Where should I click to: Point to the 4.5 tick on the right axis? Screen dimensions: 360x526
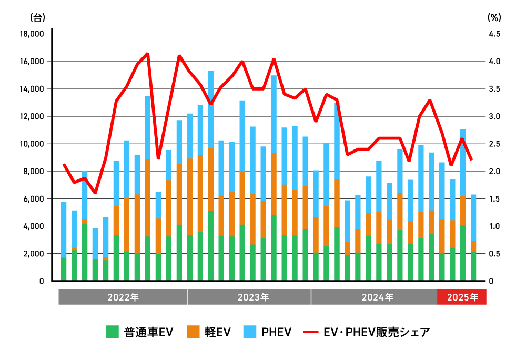[x=495, y=34]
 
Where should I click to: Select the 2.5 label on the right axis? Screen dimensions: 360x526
[x=495, y=144]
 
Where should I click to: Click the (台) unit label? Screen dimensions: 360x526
[x=38, y=17]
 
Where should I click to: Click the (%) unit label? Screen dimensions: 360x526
[x=494, y=17]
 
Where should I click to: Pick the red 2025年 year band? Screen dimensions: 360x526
[x=462, y=297]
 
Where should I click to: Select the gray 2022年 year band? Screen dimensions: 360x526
[x=123, y=297]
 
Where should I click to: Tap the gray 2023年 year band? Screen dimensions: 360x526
[x=249, y=297]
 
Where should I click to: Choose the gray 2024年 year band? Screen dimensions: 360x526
[x=374, y=297]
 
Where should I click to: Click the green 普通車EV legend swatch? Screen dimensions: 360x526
[x=112, y=332]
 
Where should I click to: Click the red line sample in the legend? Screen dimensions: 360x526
[x=310, y=332]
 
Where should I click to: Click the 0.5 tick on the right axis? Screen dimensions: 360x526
[x=495, y=254]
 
